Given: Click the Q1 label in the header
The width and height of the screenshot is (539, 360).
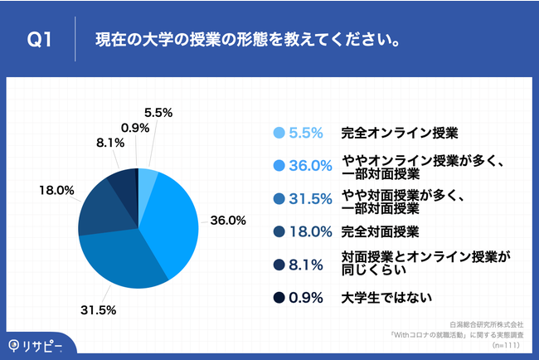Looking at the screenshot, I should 39,39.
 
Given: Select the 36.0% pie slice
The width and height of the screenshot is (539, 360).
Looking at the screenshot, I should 170,220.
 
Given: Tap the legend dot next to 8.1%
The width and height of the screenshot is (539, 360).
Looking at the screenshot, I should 278,264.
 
